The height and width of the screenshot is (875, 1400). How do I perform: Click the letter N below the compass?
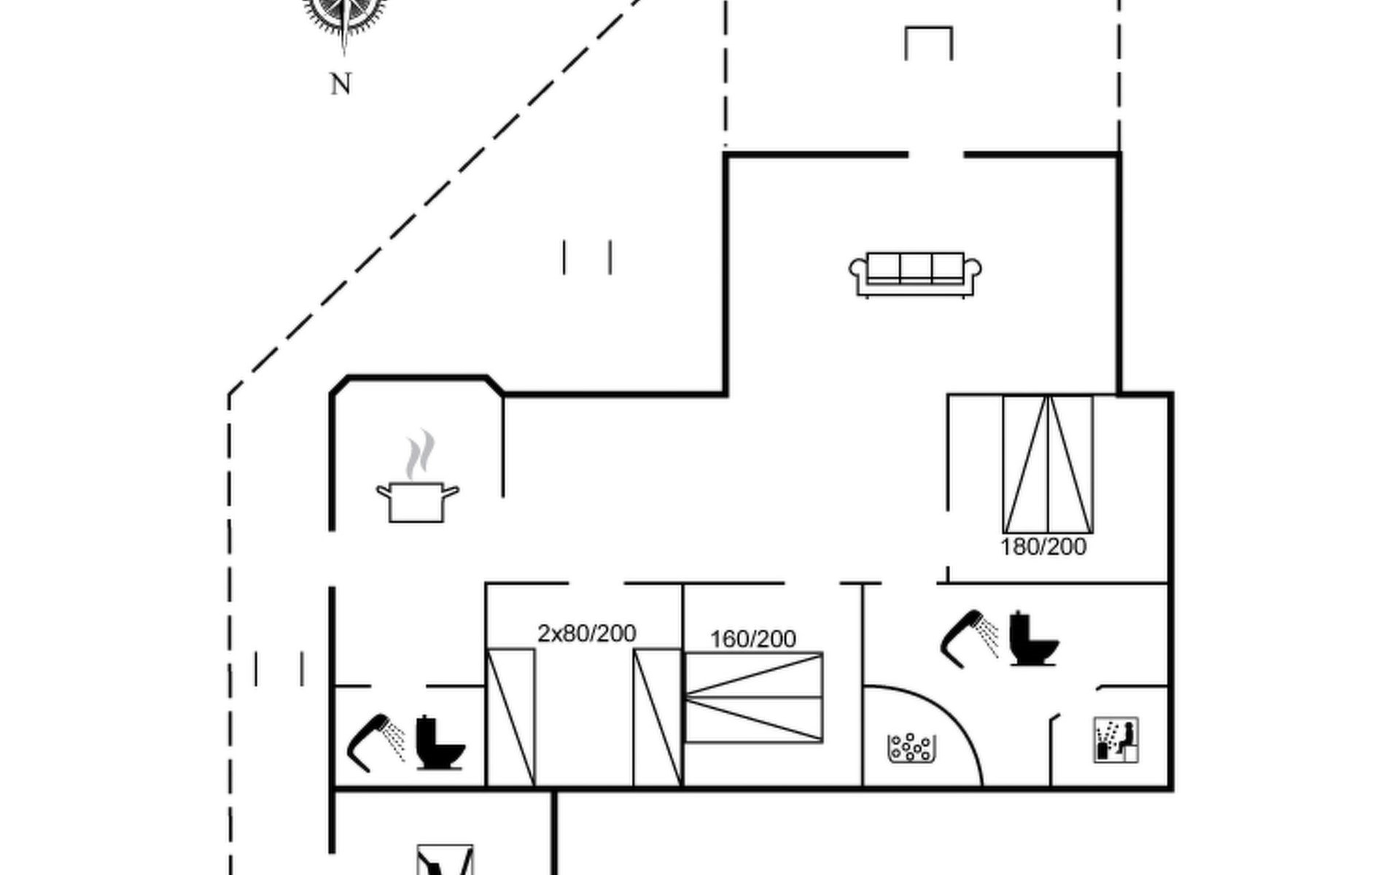pos(341,85)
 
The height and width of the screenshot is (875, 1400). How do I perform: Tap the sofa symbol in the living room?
pos(915,274)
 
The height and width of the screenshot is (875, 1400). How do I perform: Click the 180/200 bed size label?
pos(1043,547)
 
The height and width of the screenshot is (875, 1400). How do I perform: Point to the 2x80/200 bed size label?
pos(587,633)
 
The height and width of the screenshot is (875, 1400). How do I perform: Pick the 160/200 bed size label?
pos(752,639)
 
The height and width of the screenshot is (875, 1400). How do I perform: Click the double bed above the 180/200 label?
pos(1048,464)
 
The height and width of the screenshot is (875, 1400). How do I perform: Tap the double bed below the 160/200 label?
pos(754,698)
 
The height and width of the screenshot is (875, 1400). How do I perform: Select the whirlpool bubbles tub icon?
pos(911,747)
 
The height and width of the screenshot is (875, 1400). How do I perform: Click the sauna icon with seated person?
pos(1116,740)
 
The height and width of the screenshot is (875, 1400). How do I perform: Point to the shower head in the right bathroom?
pos(969,638)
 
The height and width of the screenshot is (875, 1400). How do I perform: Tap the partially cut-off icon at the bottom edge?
pos(445,860)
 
